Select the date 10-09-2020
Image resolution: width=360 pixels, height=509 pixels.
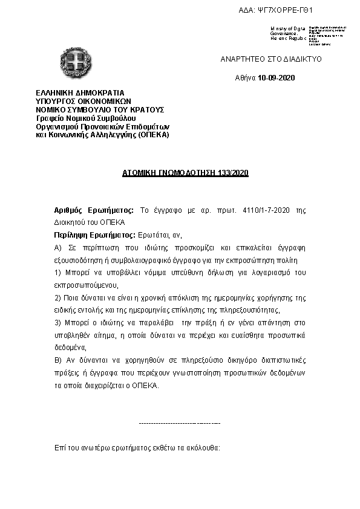coord(277,78)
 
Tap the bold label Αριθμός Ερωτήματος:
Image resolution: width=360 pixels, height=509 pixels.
coord(94,210)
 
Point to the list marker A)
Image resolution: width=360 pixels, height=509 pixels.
coord(58,248)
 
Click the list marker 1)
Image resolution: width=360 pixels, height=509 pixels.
coord(57,273)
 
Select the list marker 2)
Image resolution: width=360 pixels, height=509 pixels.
coord(57,298)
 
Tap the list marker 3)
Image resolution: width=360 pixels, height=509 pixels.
coord(57,323)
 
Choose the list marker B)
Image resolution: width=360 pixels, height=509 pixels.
coord(58,360)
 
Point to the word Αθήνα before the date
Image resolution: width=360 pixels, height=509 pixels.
coord(245,78)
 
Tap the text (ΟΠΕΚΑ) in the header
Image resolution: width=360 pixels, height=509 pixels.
coord(154,135)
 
